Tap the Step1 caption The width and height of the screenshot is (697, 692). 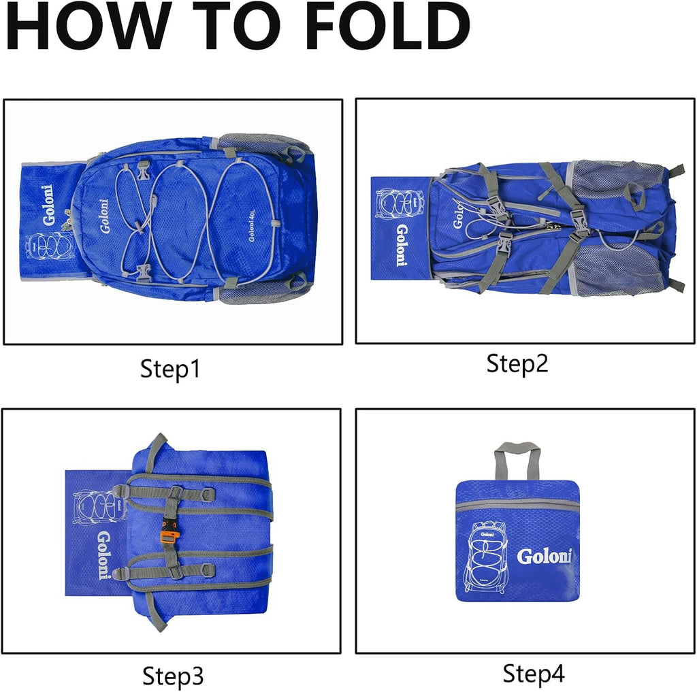coord(170,369)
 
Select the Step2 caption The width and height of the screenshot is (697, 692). coord(517,364)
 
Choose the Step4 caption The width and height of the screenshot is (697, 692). coord(533,673)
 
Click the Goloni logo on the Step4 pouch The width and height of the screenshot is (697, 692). coord(545,556)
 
